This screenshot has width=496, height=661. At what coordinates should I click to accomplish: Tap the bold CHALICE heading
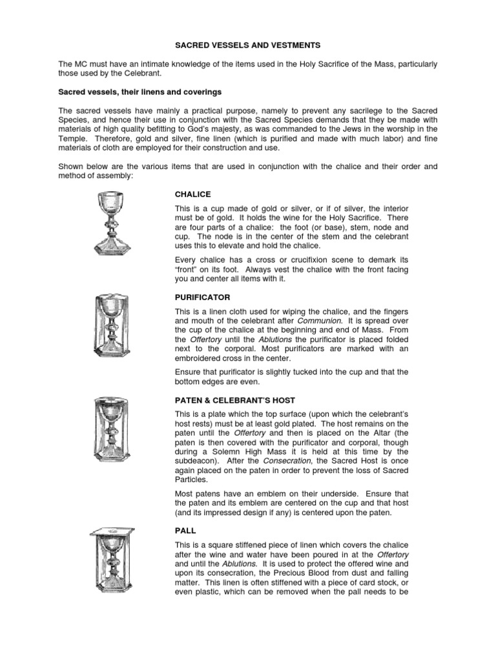(x=193, y=194)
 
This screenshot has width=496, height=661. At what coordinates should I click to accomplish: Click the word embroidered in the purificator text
(x=201, y=358)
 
